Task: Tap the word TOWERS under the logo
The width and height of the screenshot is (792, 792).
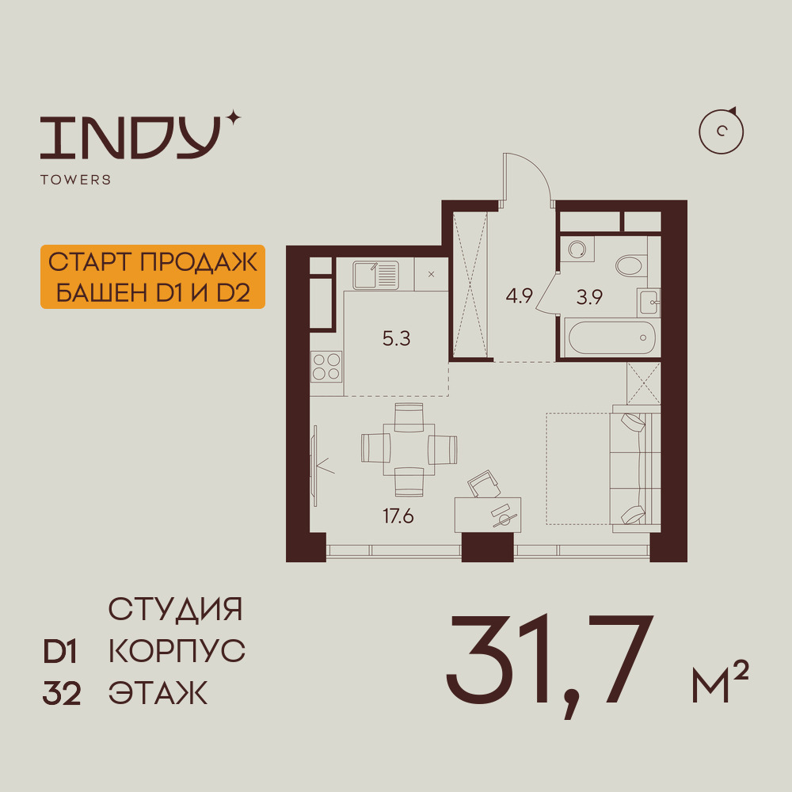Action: point(76,180)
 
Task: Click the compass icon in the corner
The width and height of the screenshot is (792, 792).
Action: point(721,131)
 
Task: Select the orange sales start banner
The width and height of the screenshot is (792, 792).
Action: point(153,276)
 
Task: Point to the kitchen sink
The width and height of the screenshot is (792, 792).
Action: point(375,276)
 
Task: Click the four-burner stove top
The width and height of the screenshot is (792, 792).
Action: point(326,367)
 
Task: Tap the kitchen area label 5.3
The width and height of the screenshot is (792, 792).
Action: point(397,338)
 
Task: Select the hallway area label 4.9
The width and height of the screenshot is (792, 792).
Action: point(520,295)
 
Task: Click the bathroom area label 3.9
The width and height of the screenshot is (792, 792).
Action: point(589,297)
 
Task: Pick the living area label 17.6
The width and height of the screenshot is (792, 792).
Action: point(398,516)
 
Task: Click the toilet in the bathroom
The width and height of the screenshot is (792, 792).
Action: point(631,265)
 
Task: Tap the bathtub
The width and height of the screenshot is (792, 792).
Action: point(611,338)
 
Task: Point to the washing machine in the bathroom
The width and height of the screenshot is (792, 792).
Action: point(577,249)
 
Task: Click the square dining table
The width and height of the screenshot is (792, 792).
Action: point(409,450)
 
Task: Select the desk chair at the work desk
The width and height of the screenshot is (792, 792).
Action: point(484,484)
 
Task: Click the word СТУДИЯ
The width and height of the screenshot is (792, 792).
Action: point(175,609)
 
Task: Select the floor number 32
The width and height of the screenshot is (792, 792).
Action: point(62,694)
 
